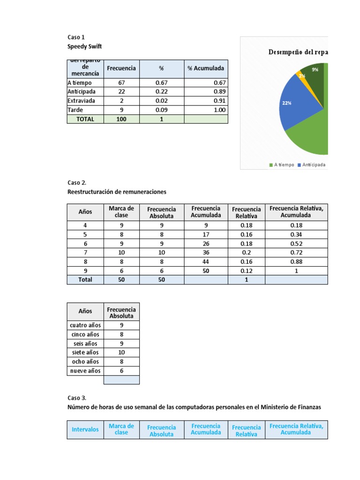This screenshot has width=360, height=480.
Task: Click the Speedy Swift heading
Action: tap(84, 46)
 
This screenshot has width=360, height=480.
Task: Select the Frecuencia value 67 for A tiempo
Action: tap(121, 83)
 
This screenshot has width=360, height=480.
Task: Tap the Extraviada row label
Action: tap(81, 101)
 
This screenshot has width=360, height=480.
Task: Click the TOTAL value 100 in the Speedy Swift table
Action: tap(121, 119)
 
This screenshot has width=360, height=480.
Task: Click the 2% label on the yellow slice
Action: tap(302, 75)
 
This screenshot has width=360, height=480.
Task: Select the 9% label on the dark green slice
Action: tap(315, 69)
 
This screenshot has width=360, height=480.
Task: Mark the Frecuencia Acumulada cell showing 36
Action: tap(206, 253)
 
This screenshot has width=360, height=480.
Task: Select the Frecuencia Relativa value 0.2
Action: tap(246, 253)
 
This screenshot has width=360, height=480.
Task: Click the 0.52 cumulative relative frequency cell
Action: tap(296, 244)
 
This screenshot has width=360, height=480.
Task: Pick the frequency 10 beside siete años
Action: tap(121, 352)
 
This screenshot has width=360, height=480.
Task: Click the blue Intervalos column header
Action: tap(85, 429)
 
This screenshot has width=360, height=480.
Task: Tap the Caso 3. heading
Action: tap(77, 398)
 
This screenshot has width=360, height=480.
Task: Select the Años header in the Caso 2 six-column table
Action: tap(85, 212)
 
